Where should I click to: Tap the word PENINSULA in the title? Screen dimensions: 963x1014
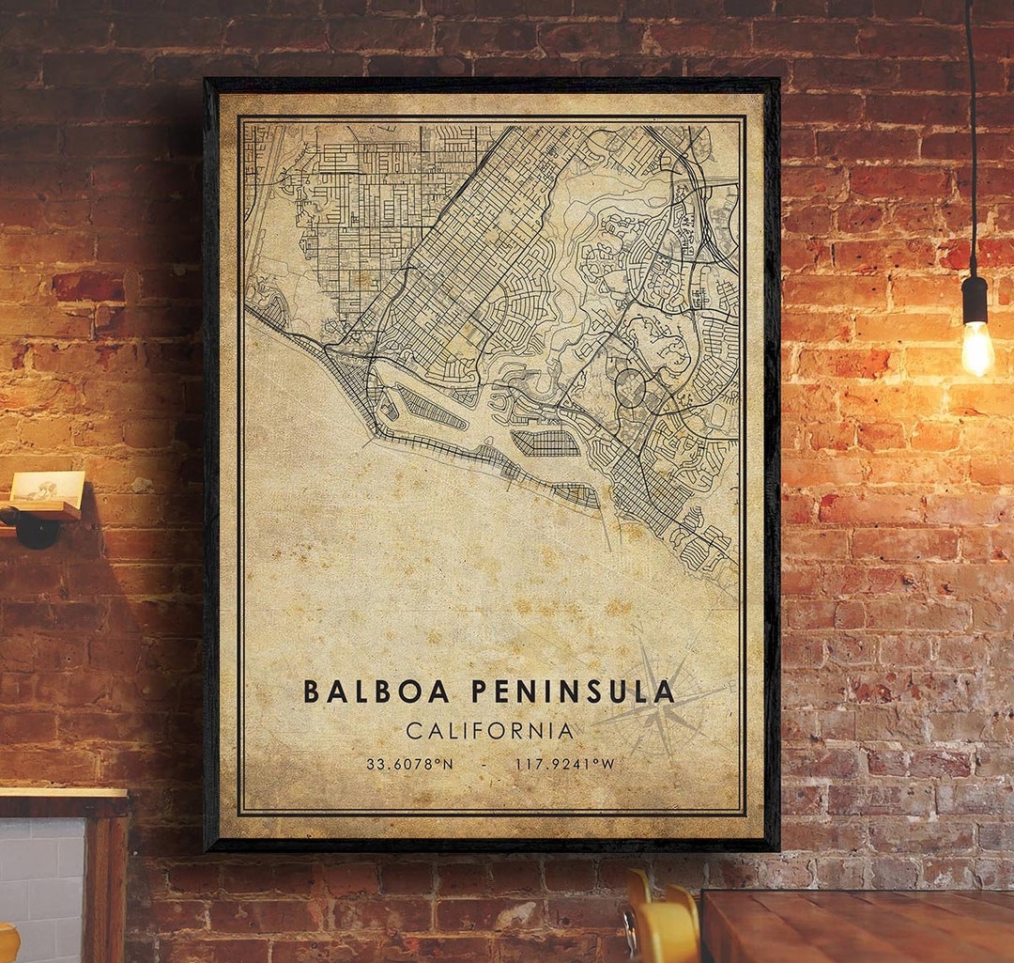(x=572, y=691)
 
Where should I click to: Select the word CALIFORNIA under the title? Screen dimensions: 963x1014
(x=489, y=730)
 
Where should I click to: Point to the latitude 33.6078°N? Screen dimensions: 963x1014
(x=409, y=764)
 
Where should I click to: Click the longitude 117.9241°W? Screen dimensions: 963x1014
(x=564, y=764)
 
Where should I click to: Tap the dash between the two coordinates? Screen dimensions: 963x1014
(x=484, y=764)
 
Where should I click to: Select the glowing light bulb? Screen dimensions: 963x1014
(x=976, y=348)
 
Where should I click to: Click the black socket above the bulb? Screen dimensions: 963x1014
(x=975, y=299)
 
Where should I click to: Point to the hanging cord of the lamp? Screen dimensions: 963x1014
(x=971, y=141)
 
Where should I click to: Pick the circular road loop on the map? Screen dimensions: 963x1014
(x=630, y=387)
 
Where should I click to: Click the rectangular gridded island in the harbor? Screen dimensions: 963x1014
(x=545, y=443)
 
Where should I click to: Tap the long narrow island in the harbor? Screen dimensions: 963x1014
(x=431, y=409)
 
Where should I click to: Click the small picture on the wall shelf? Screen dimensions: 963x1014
(x=47, y=487)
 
